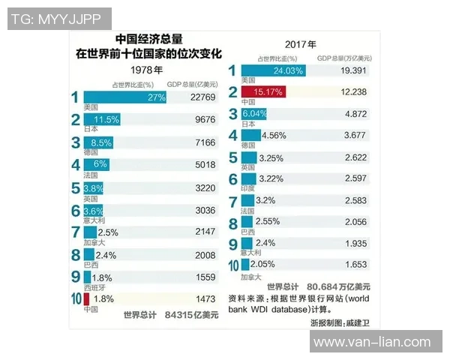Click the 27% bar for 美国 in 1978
pyautogui.click(x=124, y=97)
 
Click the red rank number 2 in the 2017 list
pyautogui.click(x=232, y=92)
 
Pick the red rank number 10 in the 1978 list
pyautogui.click(x=75, y=299)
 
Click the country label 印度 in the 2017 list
pyautogui.click(x=247, y=189)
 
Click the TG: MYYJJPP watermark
pyautogui.click(x=59, y=18)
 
